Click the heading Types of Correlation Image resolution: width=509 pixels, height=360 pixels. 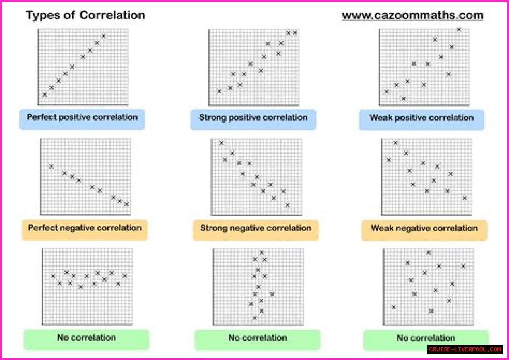(85, 16)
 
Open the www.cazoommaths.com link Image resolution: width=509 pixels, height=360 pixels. (412, 16)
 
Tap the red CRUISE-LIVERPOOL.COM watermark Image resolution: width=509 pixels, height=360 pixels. (465, 349)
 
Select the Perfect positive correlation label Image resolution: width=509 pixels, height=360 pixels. (82, 117)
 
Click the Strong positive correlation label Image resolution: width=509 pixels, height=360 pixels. (253, 118)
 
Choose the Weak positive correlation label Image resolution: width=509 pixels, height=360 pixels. (422, 118)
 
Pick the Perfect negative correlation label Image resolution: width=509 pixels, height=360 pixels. (85, 228)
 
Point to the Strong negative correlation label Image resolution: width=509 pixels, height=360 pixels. (256, 228)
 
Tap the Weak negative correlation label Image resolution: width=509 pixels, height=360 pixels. (424, 228)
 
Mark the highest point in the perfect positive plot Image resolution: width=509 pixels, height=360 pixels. (104, 36)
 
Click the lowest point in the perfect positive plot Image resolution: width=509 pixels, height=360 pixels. (45, 95)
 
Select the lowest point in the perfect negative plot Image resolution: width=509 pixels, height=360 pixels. (126, 204)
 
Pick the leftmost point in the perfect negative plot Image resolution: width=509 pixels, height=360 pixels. (51, 166)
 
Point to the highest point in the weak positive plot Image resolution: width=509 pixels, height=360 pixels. (458, 29)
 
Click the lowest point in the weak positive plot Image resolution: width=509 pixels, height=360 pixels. (403, 98)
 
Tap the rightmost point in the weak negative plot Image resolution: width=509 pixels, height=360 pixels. (464, 198)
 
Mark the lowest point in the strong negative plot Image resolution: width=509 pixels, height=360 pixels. (287, 205)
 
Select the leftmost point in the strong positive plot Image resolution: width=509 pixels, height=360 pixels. (219, 91)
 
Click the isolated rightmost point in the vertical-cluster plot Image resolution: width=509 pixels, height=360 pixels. (272, 294)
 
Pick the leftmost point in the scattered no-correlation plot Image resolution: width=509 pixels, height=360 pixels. (394, 307)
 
